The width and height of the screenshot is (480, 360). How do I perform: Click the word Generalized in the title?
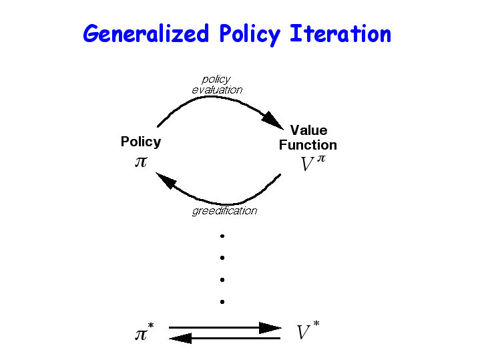click(146, 33)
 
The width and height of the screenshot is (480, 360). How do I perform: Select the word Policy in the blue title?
click(250, 35)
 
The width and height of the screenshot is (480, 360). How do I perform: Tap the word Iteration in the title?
click(340, 33)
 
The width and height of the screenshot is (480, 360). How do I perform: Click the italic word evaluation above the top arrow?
click(217, 90)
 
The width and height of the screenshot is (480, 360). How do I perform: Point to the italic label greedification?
click(225, 211)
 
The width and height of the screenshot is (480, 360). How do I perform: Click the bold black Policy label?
click(141, 142)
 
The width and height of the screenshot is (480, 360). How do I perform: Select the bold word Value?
click(309, 130)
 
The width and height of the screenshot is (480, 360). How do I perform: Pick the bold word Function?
click(308, 145)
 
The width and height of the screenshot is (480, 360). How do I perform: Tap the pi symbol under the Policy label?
click(141, 162)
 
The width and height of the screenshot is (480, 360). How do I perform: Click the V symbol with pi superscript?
click(313, 163)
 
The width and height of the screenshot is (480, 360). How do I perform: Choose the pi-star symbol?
click(144, 332)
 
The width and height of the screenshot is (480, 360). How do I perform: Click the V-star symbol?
click(308, 330)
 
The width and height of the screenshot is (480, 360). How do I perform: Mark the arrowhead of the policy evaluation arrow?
click(272, 120)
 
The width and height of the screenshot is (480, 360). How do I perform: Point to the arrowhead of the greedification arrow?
click(166, 180)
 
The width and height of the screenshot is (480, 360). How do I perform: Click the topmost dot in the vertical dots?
click(222, 236)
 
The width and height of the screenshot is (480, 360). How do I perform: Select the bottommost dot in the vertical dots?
click(222, 302)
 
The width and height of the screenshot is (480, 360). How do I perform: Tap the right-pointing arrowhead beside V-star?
click(270, 328)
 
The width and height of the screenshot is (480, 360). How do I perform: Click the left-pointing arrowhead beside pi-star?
click(180, 338)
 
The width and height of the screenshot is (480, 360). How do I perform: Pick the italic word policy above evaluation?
click(216, 79)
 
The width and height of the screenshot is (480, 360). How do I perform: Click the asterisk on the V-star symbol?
click(316, 323)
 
